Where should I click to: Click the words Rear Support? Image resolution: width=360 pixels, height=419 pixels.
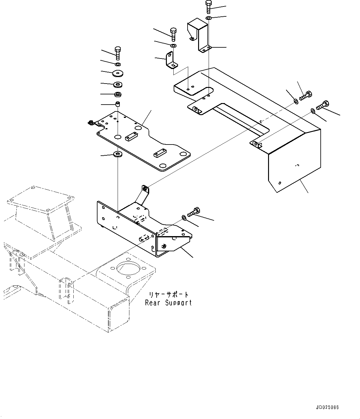[168, 303]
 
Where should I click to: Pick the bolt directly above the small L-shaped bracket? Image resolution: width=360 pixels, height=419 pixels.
[173, 34]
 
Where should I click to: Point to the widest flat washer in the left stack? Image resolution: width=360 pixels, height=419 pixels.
[118, 73]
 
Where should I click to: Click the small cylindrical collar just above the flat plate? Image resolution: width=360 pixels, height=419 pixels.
[118, 104]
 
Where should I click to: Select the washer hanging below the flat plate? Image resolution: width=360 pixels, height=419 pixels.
[118, 154]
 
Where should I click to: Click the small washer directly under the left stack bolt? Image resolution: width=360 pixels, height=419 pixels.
[118, 64]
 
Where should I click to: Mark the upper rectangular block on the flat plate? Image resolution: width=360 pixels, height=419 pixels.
[131, 136]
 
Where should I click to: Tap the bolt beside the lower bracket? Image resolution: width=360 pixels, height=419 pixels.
[193, 212]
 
